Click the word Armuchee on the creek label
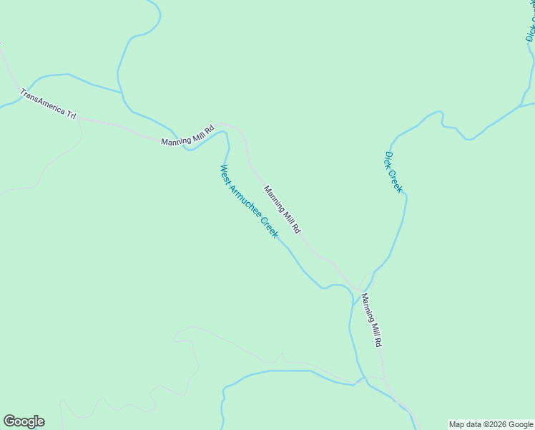click(x=245, y=201)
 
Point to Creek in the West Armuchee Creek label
click(x=268, y=228)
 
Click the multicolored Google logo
click(x=24, y=421)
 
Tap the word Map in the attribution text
click(x=457, y=424)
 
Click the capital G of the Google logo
click(x=9, y=421)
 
